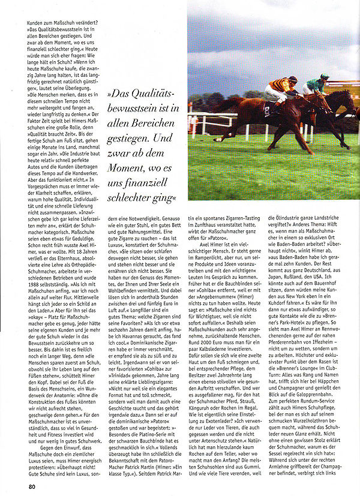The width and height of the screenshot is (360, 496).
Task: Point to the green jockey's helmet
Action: click(324, 77)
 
